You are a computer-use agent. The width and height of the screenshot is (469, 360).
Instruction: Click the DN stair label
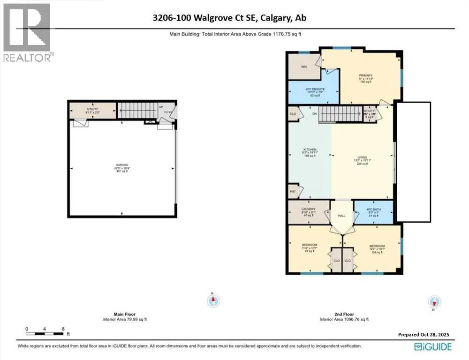click(315, 114)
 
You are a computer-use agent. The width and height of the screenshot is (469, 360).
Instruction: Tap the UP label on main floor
click(160, 107)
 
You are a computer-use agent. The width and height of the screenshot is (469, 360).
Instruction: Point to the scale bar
click(45, 334)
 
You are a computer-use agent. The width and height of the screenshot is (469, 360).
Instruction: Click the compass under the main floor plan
click(213, 300)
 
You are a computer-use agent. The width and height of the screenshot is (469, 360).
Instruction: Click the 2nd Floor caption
click(344, 315)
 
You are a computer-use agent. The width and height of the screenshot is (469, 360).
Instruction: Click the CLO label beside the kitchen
click(293, 114)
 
